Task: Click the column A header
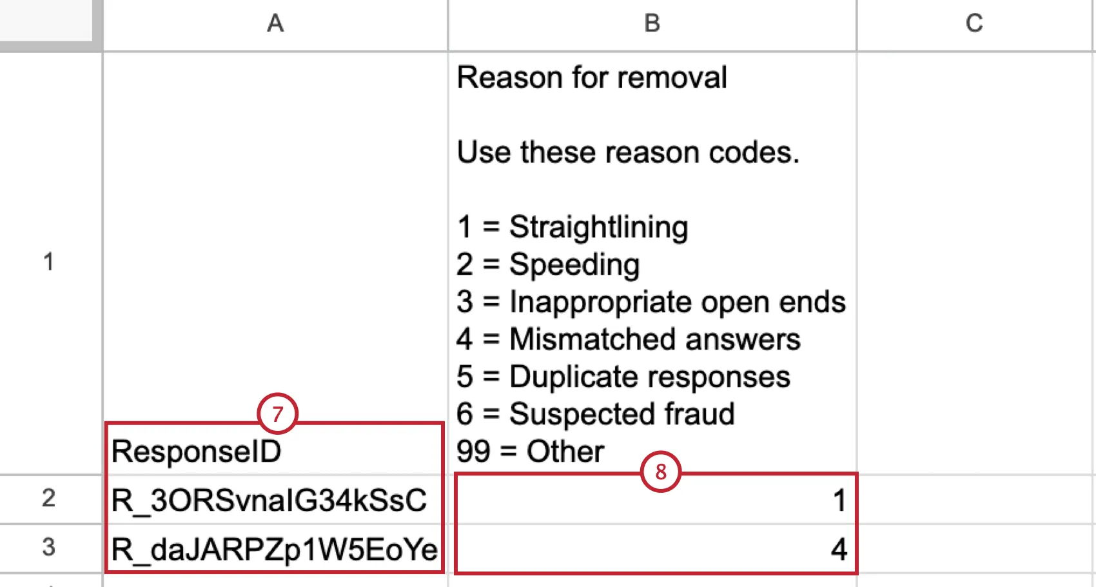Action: tap(275, 24)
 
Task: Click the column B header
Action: tap(652, 24)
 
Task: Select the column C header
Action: tap(974, 24)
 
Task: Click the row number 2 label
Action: tap(49, 499)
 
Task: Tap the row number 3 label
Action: tap(49, 548)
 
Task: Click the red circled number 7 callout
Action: tap(277, 413)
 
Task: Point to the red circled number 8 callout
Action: tap(661, 472)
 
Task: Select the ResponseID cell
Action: tap(196, 451)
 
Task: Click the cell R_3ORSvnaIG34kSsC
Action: tap(269, 500)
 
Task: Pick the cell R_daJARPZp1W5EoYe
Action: tap(274, 550)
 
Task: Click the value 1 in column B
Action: tap(839, 500)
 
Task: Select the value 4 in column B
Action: tap(839, 550)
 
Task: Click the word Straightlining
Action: tap(598, 228)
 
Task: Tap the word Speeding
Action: tap(574, 265)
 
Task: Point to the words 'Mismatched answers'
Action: tap(654, 339)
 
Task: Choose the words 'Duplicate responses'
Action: tap(649, 377)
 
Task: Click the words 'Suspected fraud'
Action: tap(621, 414)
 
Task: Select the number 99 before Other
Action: tap(473, 452)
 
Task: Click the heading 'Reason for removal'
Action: tap(592, 77)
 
